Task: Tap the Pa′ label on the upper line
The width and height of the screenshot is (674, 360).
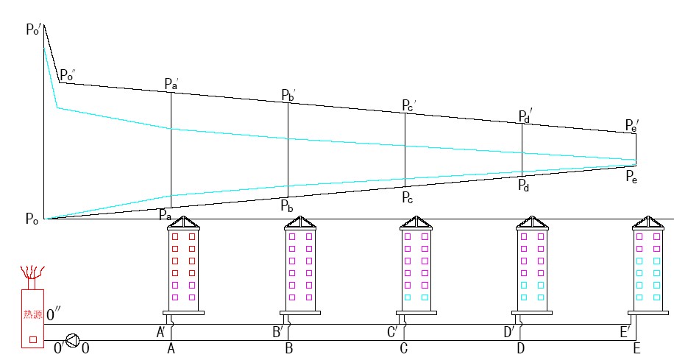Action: (x=171, y=83)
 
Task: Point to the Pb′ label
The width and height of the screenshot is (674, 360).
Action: (x=288, y=95)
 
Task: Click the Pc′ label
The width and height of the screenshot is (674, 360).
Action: (x=408, y=105)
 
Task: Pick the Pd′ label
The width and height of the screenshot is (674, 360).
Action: (x=525, y=116)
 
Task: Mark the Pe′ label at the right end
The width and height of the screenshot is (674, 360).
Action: (x=632, y=126)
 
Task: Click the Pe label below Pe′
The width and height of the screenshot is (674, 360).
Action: (x=632, y=176)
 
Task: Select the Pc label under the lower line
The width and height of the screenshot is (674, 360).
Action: (x=408, y=197)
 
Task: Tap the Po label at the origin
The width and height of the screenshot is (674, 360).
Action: (x=32, y=219)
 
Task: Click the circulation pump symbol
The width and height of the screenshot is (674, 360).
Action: (x=72, y=340)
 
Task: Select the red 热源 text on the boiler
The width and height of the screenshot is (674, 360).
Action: (x=32, y=314)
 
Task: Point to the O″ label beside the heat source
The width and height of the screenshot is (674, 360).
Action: (x=53, y=315)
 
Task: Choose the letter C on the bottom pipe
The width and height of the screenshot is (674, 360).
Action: (x=403, y=348)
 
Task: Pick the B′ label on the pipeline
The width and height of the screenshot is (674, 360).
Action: (x=278, y=332)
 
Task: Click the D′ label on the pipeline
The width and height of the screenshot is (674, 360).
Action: (x=509, y=332)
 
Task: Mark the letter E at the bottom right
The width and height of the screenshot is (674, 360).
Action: (x=636, y=348)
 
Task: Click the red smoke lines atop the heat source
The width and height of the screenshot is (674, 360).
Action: (x=32, y=273)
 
